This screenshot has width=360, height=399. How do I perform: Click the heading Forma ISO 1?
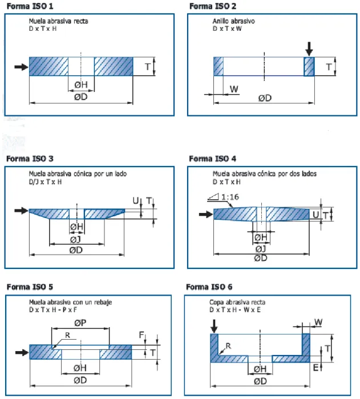click(x=30, y=6)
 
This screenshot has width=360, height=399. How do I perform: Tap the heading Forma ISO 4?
click(x=212, y=159)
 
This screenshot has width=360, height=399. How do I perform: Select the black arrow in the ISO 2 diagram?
click(x=309, y=49)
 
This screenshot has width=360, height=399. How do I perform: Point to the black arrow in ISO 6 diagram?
click(x=214, y=326)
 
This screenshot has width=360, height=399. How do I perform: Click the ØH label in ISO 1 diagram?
click(x=81, y=84)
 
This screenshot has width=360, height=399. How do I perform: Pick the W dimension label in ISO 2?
click(x=234, y=89)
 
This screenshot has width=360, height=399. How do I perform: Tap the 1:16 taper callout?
click(x=224, y=197)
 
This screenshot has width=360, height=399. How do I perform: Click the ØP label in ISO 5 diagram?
click(x=80, y=323)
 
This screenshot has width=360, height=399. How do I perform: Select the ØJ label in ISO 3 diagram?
click(x=75, y=239)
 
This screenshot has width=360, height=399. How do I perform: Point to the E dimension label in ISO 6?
click(x=315, y=368)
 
